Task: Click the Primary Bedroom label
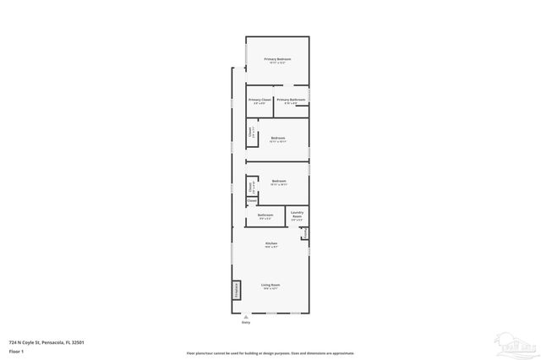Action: tap(277, 59)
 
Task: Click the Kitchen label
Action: tap(270, 243)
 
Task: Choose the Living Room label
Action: tap(270, 286)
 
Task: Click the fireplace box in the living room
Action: tap(237, 290)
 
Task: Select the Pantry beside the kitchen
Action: tap(305, 233)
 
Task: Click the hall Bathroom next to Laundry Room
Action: tap(265, 216)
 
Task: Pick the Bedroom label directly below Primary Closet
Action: tap(277, 138)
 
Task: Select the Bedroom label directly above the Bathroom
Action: tap(278, 181)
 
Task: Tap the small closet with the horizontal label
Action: tap(252, 201)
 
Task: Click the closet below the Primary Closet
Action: tap(251, 132)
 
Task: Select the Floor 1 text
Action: tap(16, 351)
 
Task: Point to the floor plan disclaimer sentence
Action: tap(270, 353)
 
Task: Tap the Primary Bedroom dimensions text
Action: tap(277, 63)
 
